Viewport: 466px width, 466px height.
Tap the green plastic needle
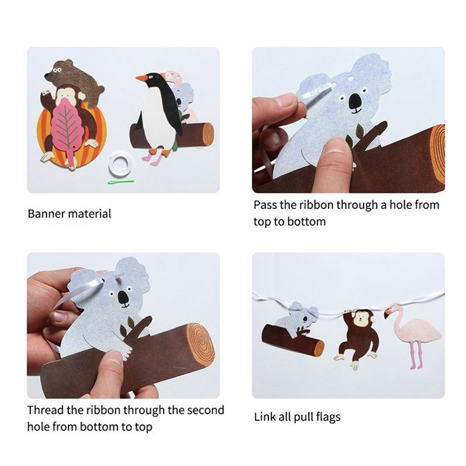point(120,181)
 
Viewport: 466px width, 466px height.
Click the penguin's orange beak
point(142,79)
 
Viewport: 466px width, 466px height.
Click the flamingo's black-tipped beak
point(387,313)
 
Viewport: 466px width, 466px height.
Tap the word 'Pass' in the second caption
point(265,205)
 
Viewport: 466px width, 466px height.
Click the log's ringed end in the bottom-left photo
point(200,343)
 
